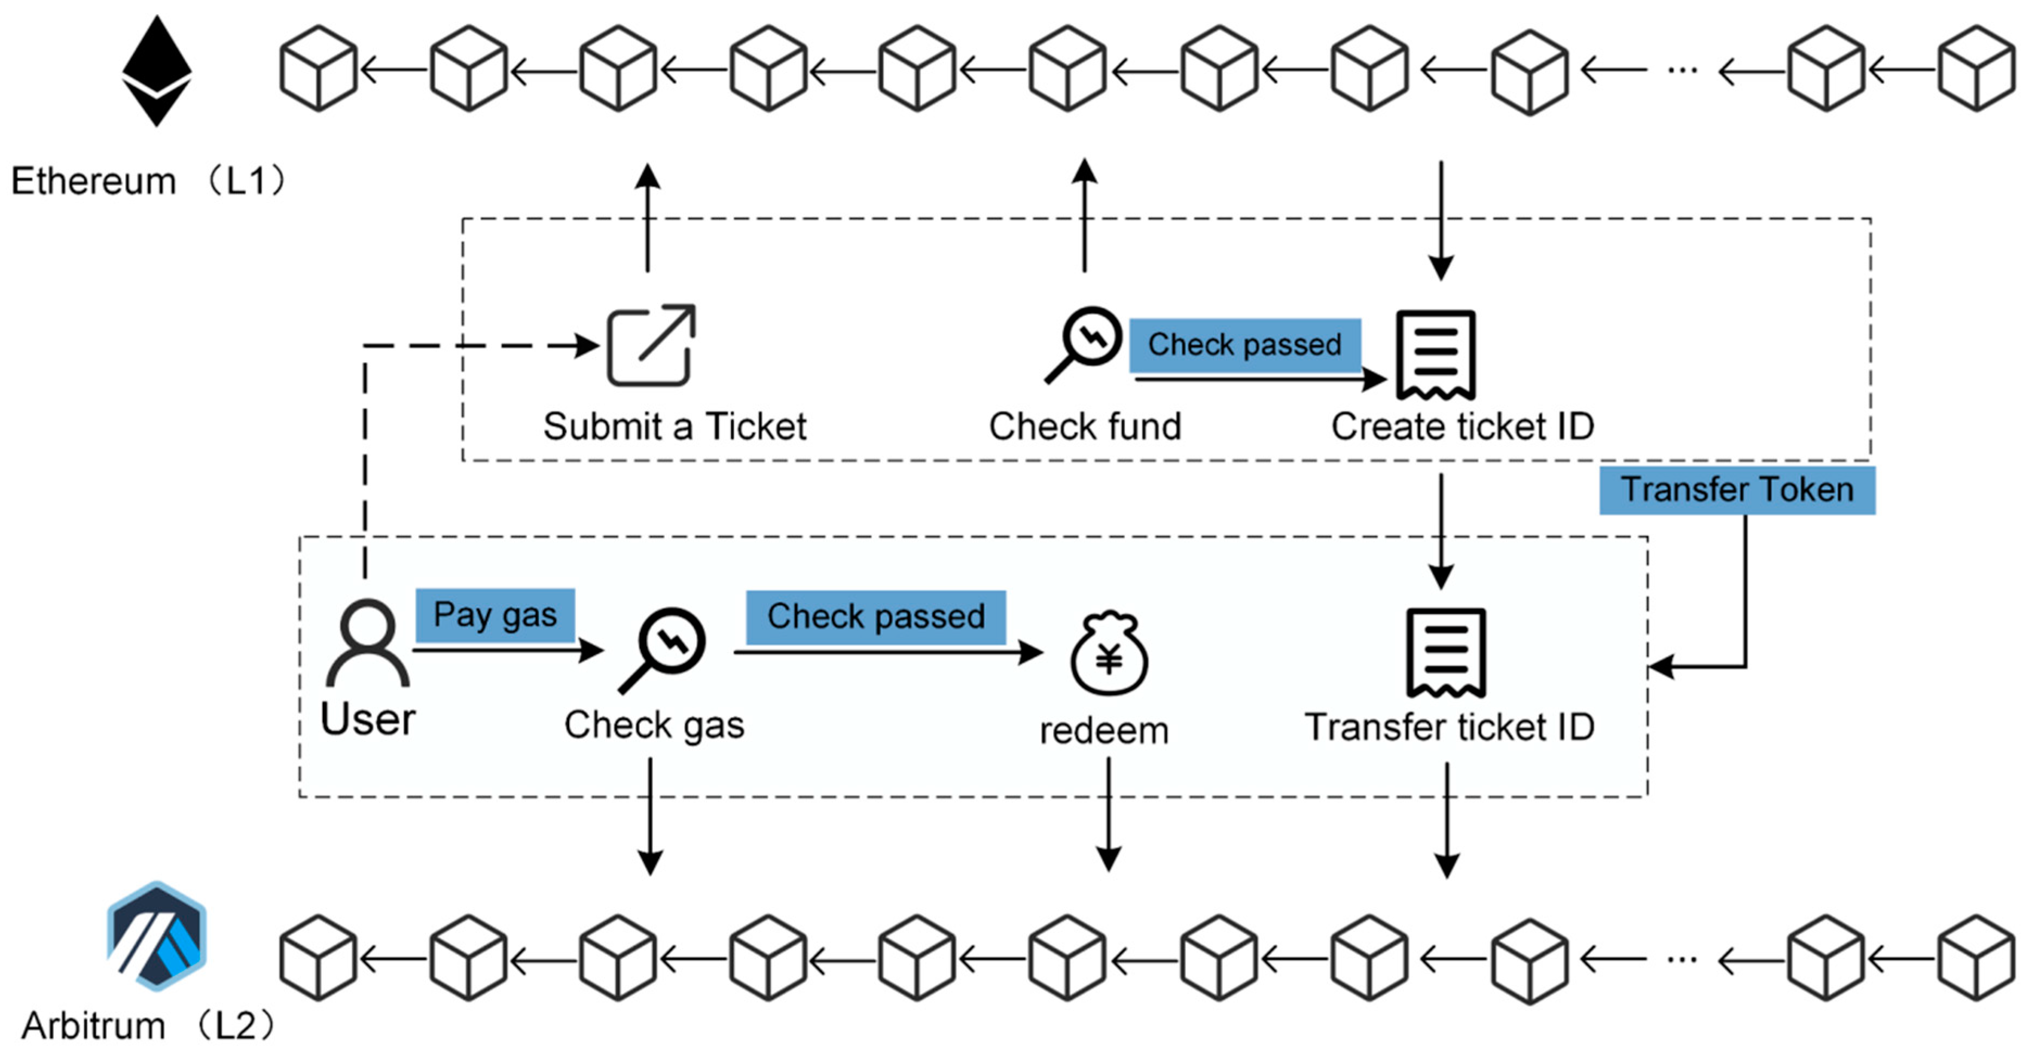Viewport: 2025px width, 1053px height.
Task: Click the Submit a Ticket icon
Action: tap(651, 346)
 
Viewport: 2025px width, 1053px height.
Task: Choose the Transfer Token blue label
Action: tap(1737, 490)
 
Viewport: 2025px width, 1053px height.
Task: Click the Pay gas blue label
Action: tap(495, 615)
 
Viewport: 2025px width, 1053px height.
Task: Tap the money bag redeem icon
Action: tap(1109, 654)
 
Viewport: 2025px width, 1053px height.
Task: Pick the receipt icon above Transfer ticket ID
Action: tap(1445, 652)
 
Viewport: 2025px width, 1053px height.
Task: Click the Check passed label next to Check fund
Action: tap(1245, 345)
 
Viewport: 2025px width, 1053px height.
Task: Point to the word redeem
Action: tap(1104, 731)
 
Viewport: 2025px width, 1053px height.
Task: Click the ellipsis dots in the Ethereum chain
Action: tap(1682, 70)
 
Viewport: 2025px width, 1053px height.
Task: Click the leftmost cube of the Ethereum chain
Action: tap(319, 68)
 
